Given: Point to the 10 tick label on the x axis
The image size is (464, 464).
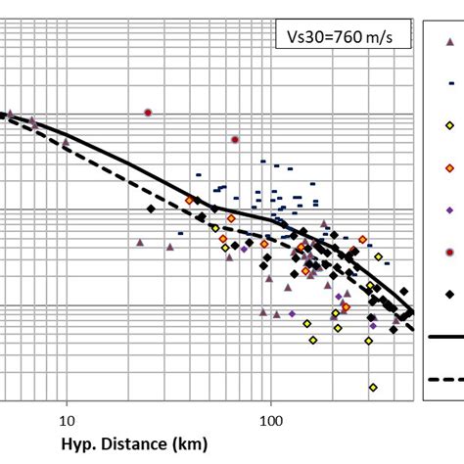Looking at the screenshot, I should tap(67, 421).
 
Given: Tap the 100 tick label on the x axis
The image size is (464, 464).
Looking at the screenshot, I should tap(271, 421).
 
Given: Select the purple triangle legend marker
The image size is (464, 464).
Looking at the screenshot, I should tap(449, 40).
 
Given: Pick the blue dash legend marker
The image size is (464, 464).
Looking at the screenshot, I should tap(449, 83).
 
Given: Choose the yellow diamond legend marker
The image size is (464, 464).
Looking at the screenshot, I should tap(449, 125).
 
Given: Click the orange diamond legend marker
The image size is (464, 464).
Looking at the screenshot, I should tap(449, 167).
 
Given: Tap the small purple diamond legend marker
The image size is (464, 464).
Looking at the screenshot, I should tap(449, 209).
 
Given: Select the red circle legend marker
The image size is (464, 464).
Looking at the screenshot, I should tap(449, 252).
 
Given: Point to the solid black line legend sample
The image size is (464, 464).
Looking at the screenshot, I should tap(445, 336).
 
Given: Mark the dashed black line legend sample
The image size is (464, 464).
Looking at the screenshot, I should tap(445, 378).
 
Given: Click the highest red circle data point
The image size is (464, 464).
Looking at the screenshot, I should tap(148, 113).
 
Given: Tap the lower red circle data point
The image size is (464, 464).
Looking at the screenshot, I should tap(235, 140).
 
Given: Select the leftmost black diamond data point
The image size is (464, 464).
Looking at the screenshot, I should tap(151, 209).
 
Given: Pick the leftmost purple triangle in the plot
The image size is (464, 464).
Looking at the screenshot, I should tap(8, 113).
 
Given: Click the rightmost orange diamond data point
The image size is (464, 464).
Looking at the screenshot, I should tap(363, 239).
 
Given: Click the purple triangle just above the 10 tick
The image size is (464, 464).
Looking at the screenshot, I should tap(67, 143).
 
